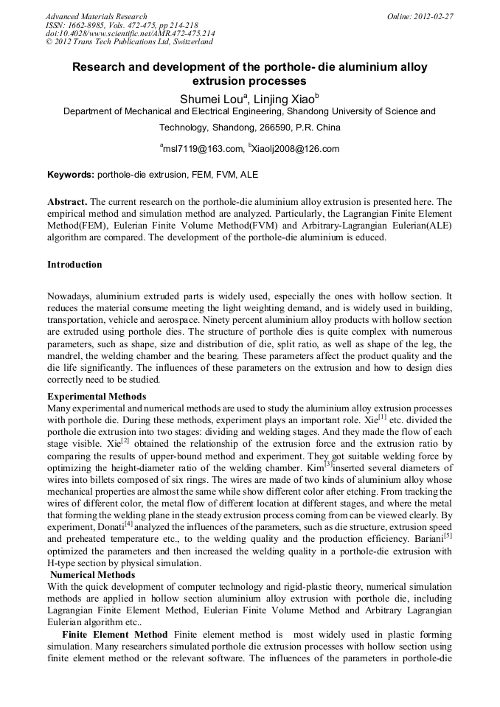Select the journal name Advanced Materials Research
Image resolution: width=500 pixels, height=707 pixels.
click(96, 16)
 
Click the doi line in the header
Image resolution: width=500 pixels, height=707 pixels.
click(130, 33)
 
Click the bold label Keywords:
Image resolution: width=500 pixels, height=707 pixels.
click(71, 175)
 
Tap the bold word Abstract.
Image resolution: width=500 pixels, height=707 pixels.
click(67, 201)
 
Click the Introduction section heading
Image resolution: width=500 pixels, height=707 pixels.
click(74, 265)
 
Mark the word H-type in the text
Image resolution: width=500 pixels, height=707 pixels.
click(63, 563)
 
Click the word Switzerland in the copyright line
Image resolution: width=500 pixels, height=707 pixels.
click(190, 42)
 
